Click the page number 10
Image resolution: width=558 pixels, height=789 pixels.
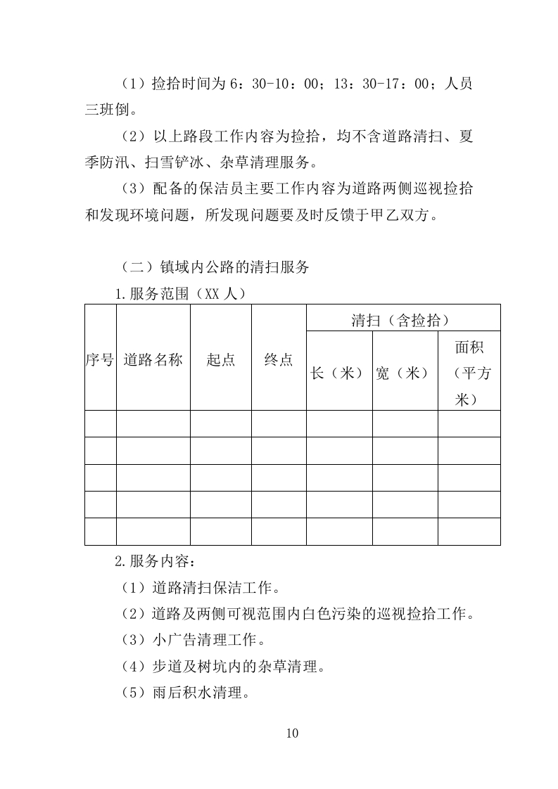293,733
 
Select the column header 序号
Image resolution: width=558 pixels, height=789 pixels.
100,360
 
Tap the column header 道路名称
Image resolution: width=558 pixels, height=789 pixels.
153,360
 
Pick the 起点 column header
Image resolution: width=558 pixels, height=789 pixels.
220,360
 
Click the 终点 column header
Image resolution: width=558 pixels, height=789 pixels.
279,360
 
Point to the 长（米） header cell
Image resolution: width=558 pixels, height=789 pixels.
338,373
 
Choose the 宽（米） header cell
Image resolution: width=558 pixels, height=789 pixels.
405,373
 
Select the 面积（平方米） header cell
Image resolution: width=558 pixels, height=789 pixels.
469,373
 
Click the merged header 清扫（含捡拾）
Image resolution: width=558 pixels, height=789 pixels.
402,321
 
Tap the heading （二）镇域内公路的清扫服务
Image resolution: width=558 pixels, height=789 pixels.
215,267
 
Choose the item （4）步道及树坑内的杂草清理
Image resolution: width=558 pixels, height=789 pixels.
220,667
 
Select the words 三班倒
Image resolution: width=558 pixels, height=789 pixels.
108,110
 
